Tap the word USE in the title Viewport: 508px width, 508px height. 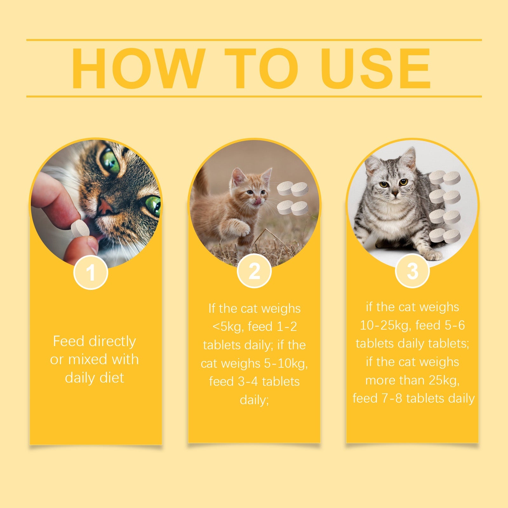click(x=376, y=69)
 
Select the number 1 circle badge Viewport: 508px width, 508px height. click(x=91, y=272)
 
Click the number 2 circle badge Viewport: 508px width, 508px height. click(x=254, y=271)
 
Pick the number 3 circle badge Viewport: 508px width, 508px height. click(x=412, y=271)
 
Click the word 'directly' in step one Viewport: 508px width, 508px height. click(x=112, y=342)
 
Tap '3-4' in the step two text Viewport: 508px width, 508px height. click(x=248, y=381)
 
